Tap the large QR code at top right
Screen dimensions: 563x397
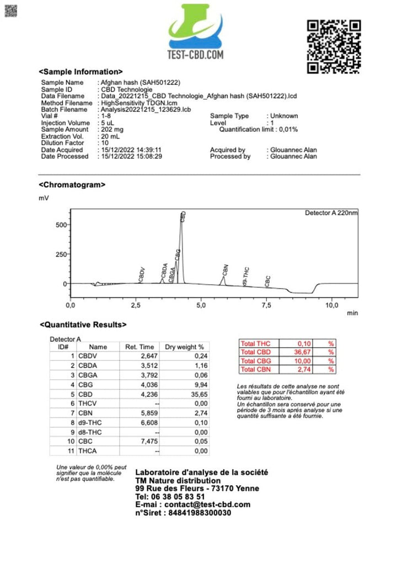(x=334, y=46)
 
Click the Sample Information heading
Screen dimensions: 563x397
(x=81, y=72)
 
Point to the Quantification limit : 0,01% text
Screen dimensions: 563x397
(x=259, y=130)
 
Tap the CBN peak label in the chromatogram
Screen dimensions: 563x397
(x=226, y=270)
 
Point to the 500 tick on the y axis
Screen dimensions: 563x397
(x=60, y=225)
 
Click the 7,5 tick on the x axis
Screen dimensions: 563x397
(x=267, y=305)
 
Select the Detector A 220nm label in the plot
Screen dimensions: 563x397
(x=331, y=213)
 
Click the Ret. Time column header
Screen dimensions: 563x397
(x=140, y=347)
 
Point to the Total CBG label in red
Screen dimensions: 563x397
(x=255, y=360)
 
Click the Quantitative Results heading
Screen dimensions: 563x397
(x=83, y=325)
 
